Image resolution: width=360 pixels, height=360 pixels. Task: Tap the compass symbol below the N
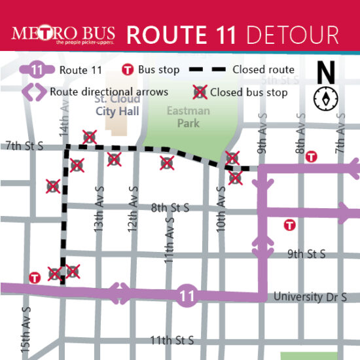click(325, 98)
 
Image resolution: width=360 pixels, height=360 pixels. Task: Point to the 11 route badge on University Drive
click(187, 296)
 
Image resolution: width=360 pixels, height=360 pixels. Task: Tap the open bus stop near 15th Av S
click(35, 278)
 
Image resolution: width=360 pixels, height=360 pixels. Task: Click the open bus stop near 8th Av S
click(312, 156)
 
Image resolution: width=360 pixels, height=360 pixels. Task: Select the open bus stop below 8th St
click(288, 225)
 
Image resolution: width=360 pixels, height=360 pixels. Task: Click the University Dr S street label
click(310, 297)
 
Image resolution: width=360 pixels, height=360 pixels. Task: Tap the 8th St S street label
click(170, 207)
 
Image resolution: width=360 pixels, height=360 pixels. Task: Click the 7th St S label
click(24, 146)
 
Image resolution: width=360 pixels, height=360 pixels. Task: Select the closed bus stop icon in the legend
click(199, 92)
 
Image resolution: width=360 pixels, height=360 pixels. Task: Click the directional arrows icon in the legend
click(35, 92)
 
